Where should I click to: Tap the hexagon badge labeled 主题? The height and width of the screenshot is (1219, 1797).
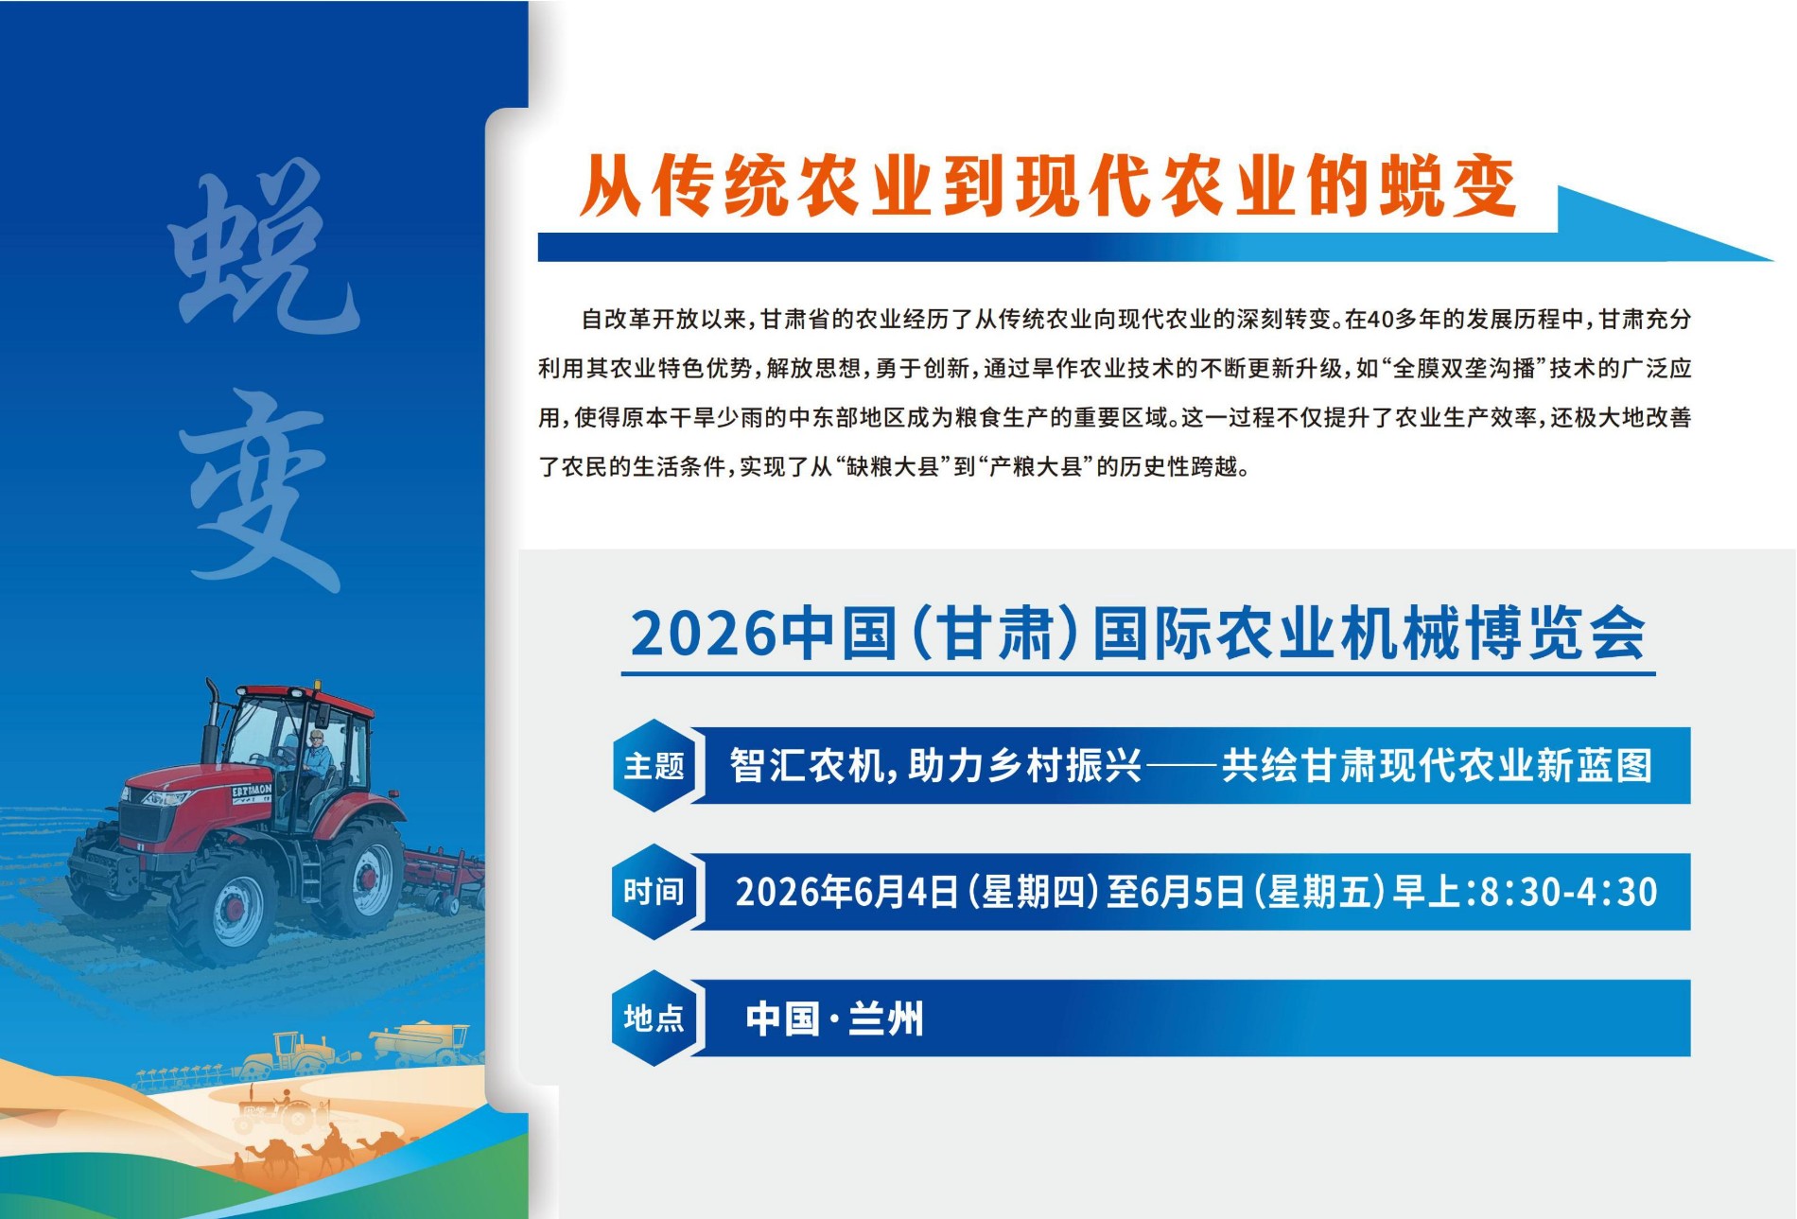pos(654,765)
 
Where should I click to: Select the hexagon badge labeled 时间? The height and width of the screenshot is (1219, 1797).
pos(654,892)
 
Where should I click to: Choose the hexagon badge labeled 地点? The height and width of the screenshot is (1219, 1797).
pos(654,1019)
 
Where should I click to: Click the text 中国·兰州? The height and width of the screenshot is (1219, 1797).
pos(834,1019)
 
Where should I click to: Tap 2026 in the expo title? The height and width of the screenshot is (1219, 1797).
pos(703,634)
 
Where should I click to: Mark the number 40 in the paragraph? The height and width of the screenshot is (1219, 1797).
pos(1379,320)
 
